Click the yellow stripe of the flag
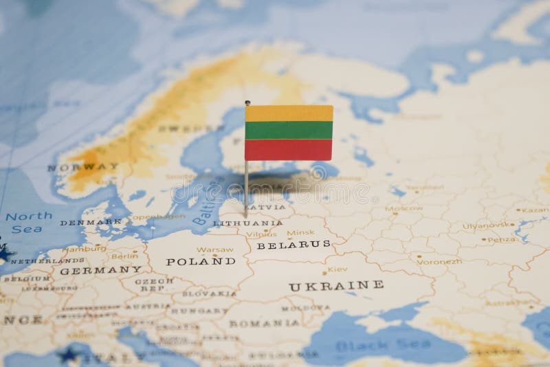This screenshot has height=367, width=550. click(289, 113)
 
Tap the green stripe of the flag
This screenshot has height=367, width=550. click(289, 130)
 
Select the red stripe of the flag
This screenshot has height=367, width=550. click(289, 148)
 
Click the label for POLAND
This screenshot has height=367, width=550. click(200, 261)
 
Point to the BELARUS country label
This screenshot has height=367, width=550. click(293, 244)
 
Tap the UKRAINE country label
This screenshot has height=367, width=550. click(335, 285)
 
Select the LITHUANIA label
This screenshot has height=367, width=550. click(247, 223)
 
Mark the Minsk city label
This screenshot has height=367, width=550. click(300, 232)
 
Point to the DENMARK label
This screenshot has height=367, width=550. click(90, 223)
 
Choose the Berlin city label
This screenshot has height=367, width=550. click(124, 256)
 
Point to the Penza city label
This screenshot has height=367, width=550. click(501, 239)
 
